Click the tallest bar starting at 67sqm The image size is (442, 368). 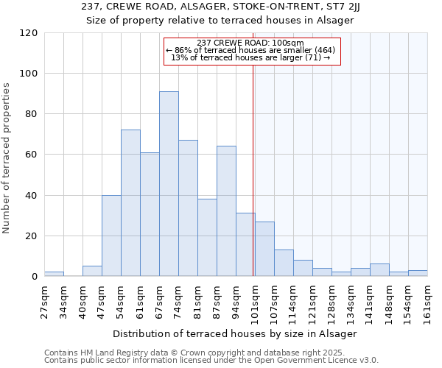(x=169, y=184)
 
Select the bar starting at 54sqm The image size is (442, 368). (x=130, y=203)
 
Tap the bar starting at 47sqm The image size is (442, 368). (x=111, y=236)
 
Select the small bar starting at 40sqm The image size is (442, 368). (x=92, y=271)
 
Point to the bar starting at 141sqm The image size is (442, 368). (x=379, y=270)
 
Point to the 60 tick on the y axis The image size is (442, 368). (x=32, y=155)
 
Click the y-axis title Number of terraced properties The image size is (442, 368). (x=7, y=158)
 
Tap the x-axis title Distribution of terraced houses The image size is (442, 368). (x=236, y=333)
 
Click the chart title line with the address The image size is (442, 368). (x=220, y=7)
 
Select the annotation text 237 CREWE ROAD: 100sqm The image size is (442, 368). (x=250, y=43)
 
